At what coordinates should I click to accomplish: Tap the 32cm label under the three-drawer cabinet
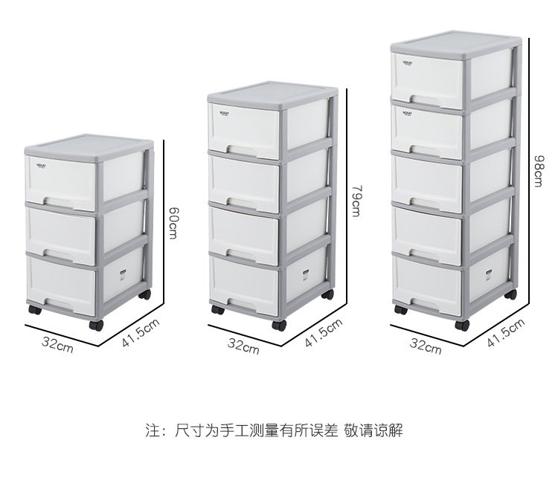58,344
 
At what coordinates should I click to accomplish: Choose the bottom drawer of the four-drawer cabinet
243,283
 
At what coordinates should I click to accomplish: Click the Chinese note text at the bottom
274,430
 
